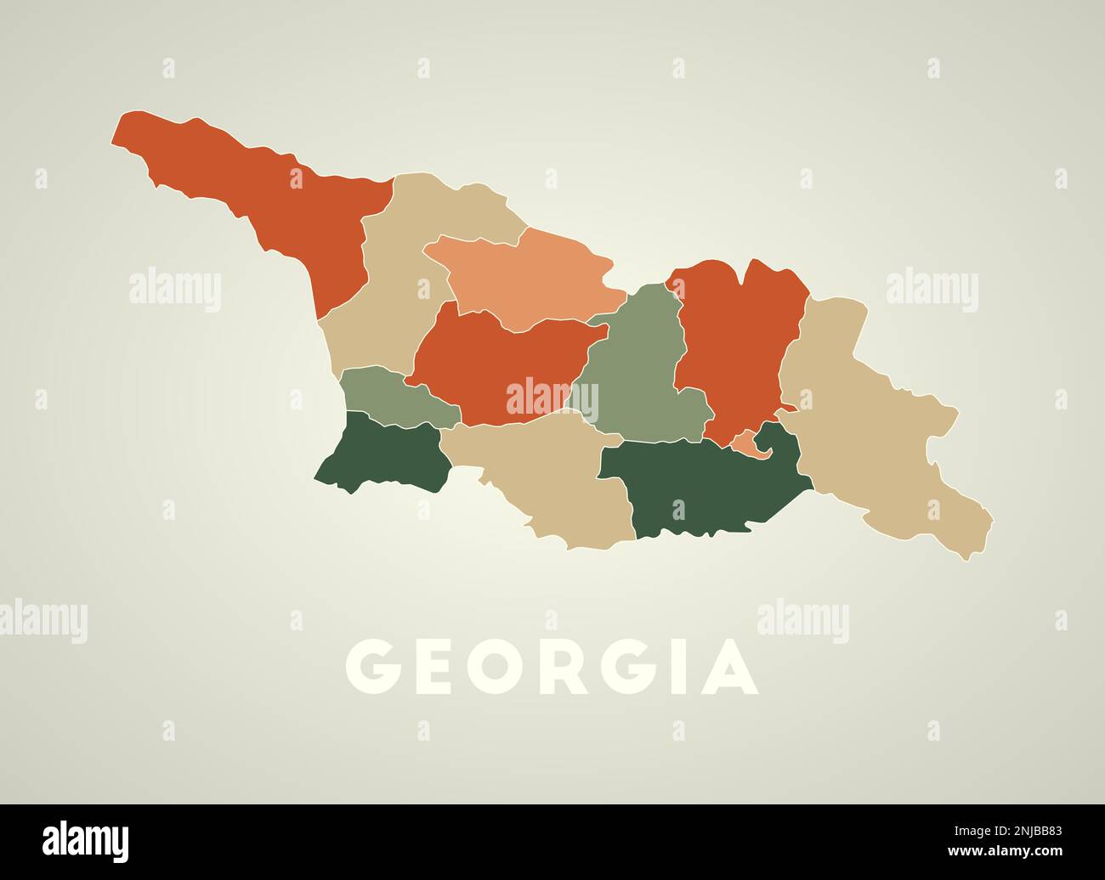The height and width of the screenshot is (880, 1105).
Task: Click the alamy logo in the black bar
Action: (86, 840)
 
